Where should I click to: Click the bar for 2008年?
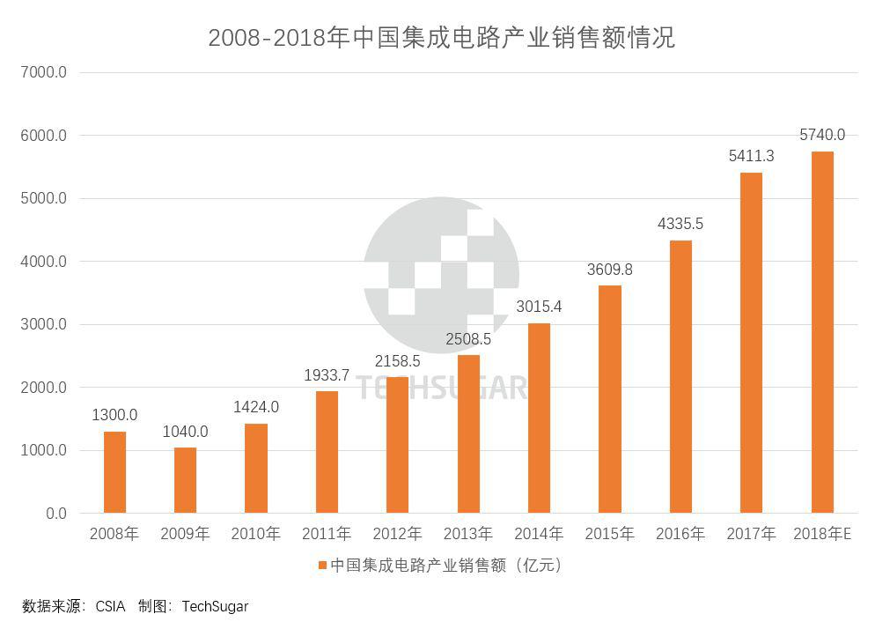[x=114, y=472]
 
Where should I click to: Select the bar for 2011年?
[x=327, y=452]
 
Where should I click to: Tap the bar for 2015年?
[x=609, y=399]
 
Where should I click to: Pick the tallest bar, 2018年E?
[x=821, y=332]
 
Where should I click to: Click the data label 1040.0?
[x=185, y=432]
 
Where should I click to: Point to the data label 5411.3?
[x=751, y=156]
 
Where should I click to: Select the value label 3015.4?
[x=539, y=307]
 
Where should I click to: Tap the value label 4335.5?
[x=680, y=224]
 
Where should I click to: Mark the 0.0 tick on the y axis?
[x=55, y=514]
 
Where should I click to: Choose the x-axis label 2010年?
[x=255, y=534]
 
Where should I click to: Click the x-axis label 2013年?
[x=467, y=534]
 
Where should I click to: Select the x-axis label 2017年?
[x=751, y=534]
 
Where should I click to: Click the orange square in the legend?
[x=323, y=565]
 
